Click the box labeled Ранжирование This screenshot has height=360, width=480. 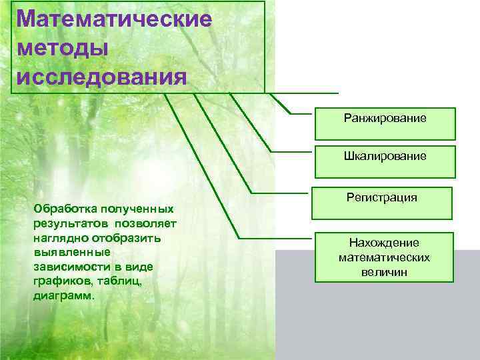pyautogui.click(x=385, y=119)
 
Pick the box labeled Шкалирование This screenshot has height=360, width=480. pyautogui.click(x=385, y=157)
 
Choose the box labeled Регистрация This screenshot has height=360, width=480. pyautogui.click(x=382, y=197)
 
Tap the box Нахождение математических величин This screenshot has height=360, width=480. pyautogui.click(x=383, y=257)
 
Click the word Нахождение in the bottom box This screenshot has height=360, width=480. pyautogui.click(x=383, y=243)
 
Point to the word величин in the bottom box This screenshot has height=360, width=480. pyautogui.click(x=383, y=272)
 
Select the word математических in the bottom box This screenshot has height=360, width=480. pyautogui.click(x=383, y=257)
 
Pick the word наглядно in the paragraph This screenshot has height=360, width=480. pyautogui.click(x=59, y=237)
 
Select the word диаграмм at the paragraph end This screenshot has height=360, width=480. pyautogui.click(x=63, y=295)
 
